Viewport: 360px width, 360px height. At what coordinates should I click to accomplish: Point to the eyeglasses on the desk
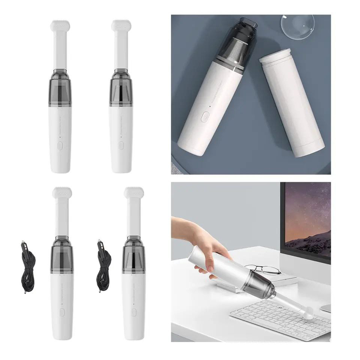point(264,269)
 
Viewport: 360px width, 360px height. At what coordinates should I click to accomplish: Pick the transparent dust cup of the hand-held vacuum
point(264,283)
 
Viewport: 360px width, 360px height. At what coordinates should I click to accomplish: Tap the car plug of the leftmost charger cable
point(23,249)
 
